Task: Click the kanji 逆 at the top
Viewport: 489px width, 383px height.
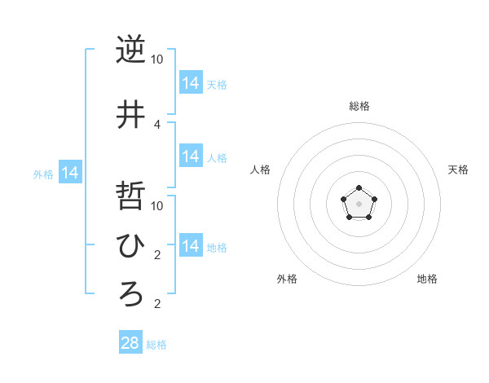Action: [130, 50]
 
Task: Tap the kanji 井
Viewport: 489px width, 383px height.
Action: [130, 114]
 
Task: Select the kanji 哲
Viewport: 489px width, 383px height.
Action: [130, 196]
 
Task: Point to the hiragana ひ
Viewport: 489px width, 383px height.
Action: [130, 244]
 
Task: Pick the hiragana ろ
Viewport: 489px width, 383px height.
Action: [130, 294]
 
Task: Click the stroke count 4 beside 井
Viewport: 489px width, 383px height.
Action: [157, 125]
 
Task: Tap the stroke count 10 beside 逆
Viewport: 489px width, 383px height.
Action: [156, 59]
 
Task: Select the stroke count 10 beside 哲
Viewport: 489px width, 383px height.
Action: [156, 205]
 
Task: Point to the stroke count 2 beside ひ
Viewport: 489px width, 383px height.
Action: [157, 255]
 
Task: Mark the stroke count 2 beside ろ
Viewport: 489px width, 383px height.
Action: [157, 305]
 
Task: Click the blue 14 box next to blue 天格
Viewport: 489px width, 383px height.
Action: [191, 83]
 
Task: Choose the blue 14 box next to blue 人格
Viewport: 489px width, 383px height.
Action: [191, 156]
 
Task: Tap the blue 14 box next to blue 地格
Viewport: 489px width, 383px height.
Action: [191, 246]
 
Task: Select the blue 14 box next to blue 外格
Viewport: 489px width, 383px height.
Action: [70, 173]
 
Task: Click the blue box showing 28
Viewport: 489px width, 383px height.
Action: [130, 343]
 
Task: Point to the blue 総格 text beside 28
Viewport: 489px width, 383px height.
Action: [156, 345]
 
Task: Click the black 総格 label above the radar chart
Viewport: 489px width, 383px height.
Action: [359, 106]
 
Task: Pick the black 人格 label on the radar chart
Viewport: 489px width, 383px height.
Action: [260, 169]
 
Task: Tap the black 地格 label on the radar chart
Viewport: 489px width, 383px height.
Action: [427, 279]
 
